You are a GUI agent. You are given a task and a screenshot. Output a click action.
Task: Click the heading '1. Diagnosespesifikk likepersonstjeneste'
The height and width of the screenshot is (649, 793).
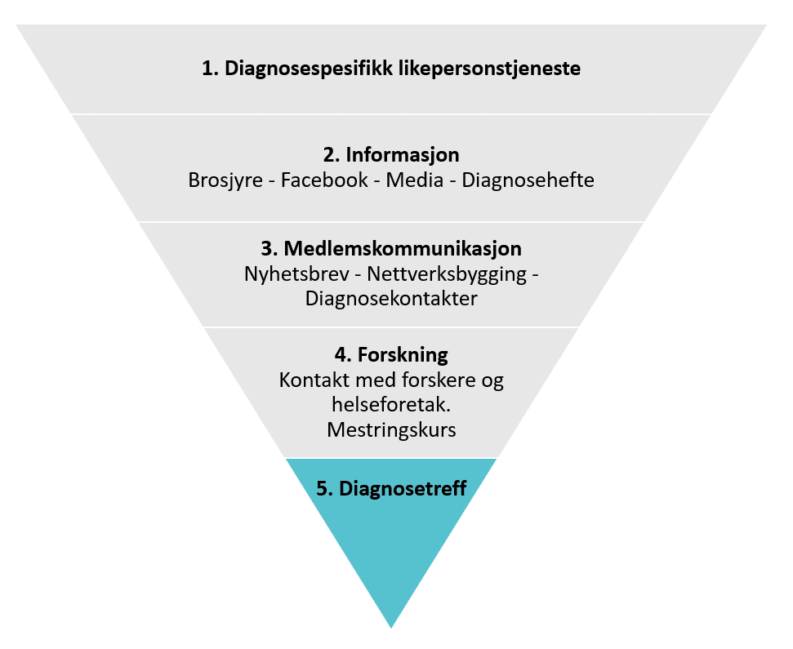pos(391,69)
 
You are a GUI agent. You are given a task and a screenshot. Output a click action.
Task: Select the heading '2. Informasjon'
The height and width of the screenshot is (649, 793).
pos(391,154)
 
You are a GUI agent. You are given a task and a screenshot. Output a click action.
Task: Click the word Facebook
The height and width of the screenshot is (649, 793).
pos(324,180)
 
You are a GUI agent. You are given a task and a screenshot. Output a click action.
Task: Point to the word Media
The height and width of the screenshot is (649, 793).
pos(415,180)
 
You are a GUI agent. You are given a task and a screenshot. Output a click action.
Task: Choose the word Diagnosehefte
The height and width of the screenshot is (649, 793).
pos(528,180)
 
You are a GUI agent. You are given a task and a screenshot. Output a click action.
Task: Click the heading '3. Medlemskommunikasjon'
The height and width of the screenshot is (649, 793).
pos(391,249)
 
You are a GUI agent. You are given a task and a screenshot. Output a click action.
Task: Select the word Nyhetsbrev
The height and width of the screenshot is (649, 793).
pos(296,274)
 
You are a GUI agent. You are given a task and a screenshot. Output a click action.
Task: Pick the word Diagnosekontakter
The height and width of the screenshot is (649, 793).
pos(391,299)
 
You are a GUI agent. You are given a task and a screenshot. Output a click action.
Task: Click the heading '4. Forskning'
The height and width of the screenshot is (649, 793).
pos(391,355)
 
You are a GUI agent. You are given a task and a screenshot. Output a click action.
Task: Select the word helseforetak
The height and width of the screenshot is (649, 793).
pos(391,404)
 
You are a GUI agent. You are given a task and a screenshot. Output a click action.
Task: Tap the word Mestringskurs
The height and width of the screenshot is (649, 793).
pos(391,430)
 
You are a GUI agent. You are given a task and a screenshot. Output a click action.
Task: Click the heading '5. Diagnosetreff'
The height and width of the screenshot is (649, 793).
pos(391,489)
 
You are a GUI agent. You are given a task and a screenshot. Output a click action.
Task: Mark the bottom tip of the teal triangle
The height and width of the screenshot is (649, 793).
pos(391,628)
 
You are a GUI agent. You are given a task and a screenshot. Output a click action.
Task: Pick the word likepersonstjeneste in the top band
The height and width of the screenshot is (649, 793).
pos(489,69)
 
